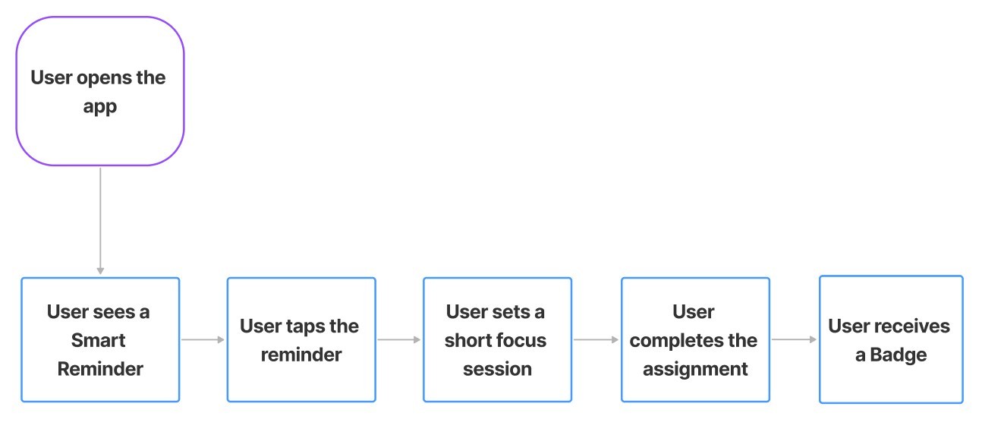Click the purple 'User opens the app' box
pyautogui.click(x=99, y=91)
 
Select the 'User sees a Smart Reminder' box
pyautogui.click(x=100, y=339)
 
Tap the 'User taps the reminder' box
pyautogui.click(x=301, y=339)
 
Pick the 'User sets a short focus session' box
pyautogui.click(x=497, y=339)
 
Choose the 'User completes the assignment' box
pyautogui.click(x=694, y=339)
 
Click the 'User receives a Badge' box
pyautogui.click(x=891, y=339)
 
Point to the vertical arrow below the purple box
pyautogui.click(x=100, y=220)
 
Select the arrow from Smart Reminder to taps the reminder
pyautogui.click(x=203, y=339)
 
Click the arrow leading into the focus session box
pyautogui.click(x=399, y=339)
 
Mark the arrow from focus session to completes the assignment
pyautogui.click(x=596, y=339)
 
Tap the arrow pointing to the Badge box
pyautogui.click(x=794, y=339)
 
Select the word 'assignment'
pyautogui.click(x=694, y=370)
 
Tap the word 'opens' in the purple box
pyautogui.click(x=102, y=77)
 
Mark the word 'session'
pyautogui.click(x=497, y=369)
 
